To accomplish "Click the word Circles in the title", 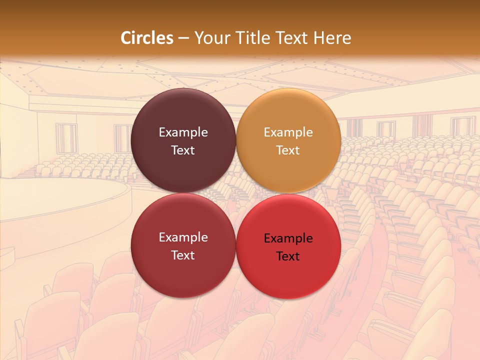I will click(x=146, y=38).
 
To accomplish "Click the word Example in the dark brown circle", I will click(x=183, y=132).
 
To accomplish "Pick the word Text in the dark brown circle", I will click(x=183, y=150).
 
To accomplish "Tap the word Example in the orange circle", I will click(x=288, y=132).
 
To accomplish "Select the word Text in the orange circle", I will click(x=288, y=150).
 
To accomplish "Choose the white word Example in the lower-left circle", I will click(x=183, y=237).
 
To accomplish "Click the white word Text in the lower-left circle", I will click(x=183, y=255).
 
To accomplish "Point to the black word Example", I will click(x=288, y=238).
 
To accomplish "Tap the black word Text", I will click(x=288, y=256).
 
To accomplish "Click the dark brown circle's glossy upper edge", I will click(x=183, y=95).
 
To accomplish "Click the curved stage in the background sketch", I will click(x=60, y=200).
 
